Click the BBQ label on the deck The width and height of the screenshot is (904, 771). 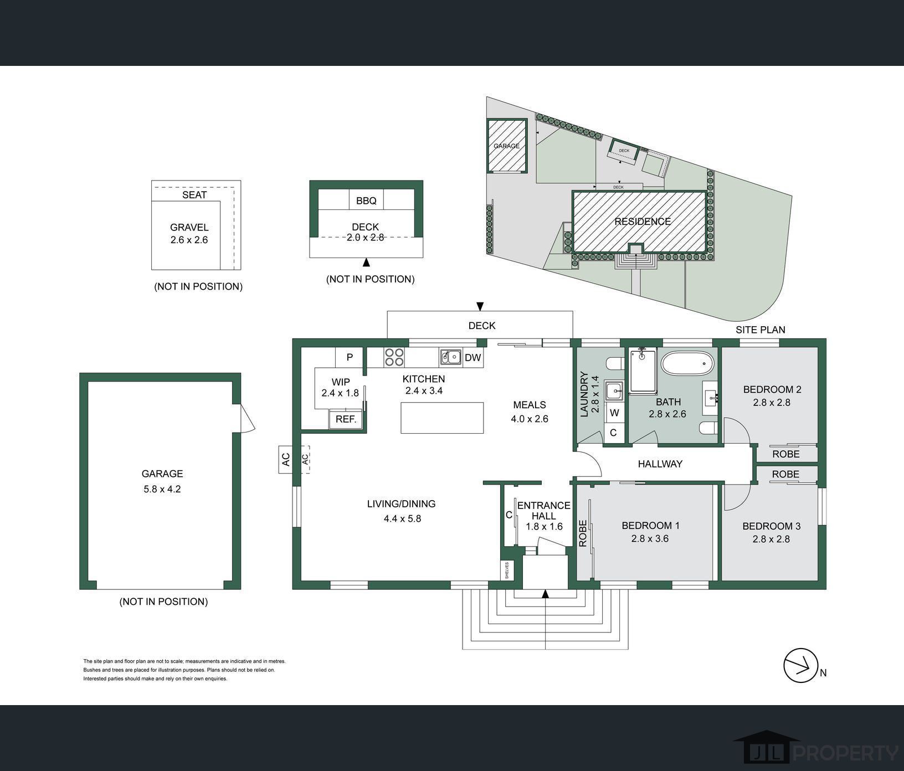pyautogui.click(x=366, y=201)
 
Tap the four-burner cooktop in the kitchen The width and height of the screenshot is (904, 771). pyautogui.click(x=394, y=357)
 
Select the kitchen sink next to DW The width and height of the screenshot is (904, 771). pyautogui.click(x=451, y=357)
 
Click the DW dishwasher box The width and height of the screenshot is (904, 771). pyautogui.click(x=472, y=358)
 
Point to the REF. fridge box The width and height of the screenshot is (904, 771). pyautogui.click(x=346, y=419)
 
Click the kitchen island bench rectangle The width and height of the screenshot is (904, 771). pyautogui.click(x=442, y=418)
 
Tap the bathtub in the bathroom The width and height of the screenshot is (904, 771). pyautogui.click(x=688, y=364)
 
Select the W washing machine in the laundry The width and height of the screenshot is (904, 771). pyautogui.click(x=614, y=413)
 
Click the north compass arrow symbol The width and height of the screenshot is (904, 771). pyautogui.click(x=801, y=665)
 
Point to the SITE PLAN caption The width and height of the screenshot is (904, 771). pyautogui.click(x=760, y=330)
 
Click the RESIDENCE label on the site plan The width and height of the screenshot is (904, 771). pyautogui.click(x=643, y=222)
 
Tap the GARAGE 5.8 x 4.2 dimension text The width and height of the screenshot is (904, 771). pyautogui.click(x=162, y=489)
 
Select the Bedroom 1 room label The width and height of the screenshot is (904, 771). pyautogui.click(x=650, y=526)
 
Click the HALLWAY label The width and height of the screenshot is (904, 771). pyautogui.click(x=660, y=464)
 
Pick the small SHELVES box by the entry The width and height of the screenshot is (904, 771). pyautogui.click(x=507, y=570)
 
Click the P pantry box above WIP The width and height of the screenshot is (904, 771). pyautogui.click(x=350, y=357)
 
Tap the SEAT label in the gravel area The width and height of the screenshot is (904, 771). pyautogui.click(x=194, y=195)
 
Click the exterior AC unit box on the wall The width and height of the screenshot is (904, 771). pyautogui.click(x=286, y=460)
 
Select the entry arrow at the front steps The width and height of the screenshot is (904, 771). pyautogui.click(x=545, y=594)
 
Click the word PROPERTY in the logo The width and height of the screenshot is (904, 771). pyautogui.click(x=847, y=753)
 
